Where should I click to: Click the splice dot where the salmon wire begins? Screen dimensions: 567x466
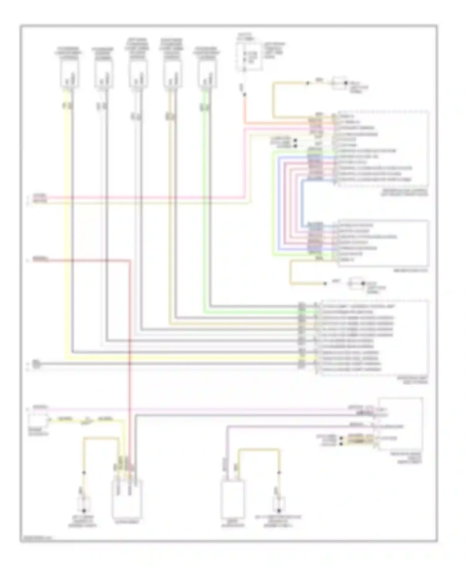pos(244,95)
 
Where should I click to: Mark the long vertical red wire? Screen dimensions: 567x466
pos(130,357)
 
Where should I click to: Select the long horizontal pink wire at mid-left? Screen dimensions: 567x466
pos(140,197)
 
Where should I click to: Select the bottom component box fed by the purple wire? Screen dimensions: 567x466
pos(232,499)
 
